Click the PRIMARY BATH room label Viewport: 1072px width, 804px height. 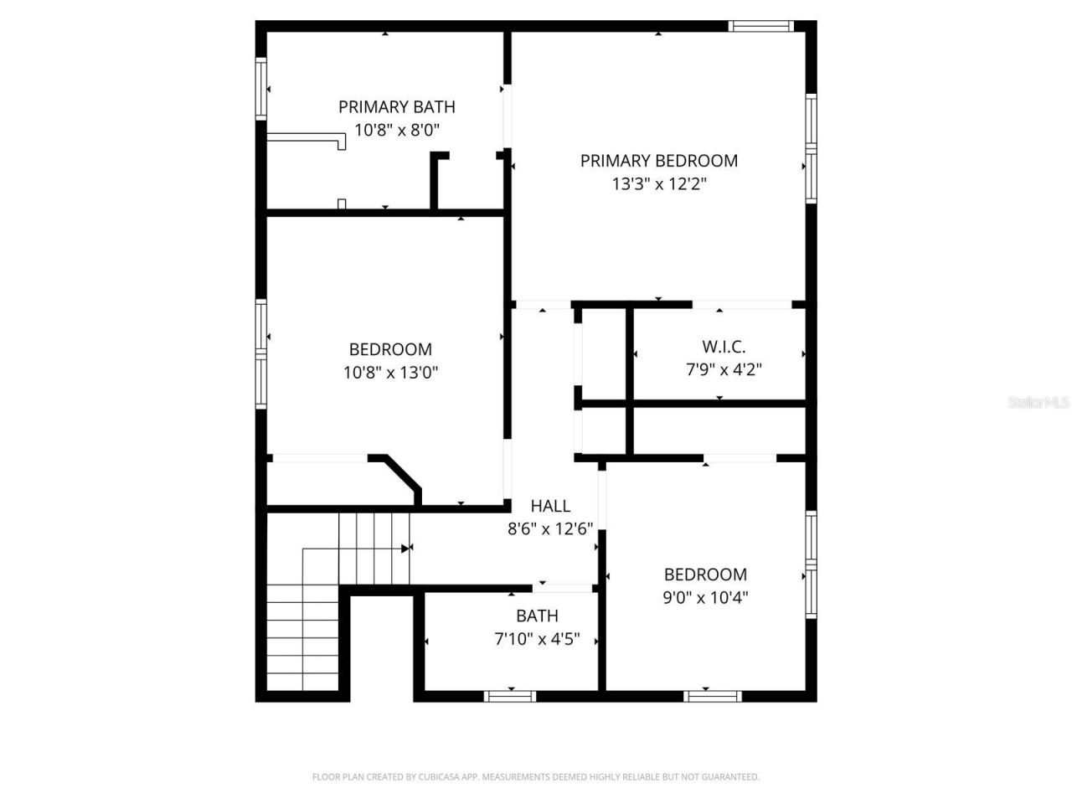point(397,107)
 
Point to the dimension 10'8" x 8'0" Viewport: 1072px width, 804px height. point(397,130)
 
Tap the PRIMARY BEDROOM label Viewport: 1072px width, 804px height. point(659,161)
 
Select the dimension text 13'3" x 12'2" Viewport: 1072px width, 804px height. point(659,183)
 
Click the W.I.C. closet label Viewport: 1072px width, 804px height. point(724,347)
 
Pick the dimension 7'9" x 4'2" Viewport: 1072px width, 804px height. point(724,369)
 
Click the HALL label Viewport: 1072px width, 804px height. point(550,506)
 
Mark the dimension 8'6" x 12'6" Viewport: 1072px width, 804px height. point(550,528)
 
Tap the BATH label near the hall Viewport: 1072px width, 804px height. point(537,616)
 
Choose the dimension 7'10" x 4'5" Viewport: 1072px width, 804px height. point(537,640)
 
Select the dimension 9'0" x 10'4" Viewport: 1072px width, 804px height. point(705,597)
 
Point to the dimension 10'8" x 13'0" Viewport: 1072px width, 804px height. point(391,372)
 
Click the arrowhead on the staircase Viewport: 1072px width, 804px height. point(406,549)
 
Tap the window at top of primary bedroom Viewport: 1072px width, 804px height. point(761,26)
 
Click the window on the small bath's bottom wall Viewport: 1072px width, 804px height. point(511,696)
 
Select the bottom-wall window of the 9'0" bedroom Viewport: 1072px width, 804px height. point(713,696)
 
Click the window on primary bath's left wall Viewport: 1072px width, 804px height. point(261,88)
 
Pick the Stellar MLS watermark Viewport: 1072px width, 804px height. point(1038,403)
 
